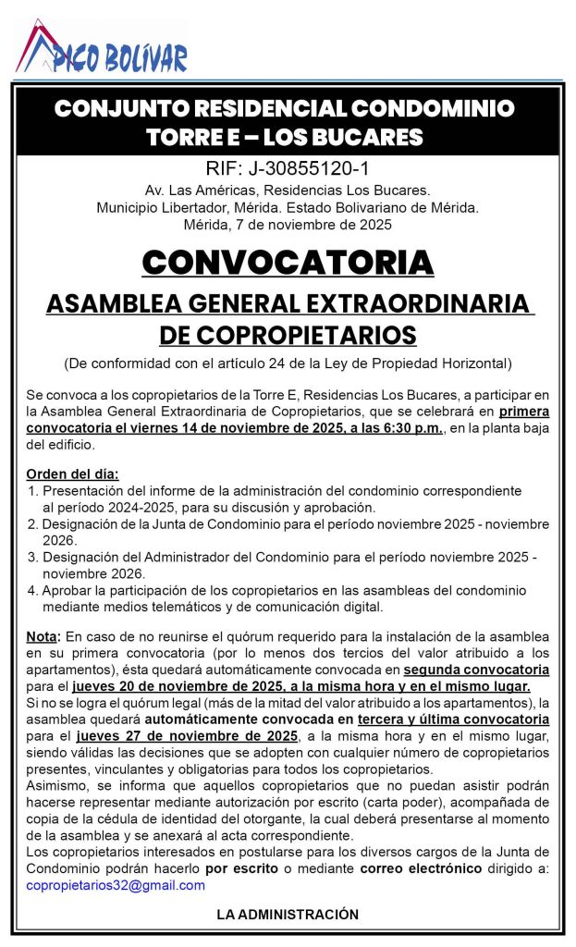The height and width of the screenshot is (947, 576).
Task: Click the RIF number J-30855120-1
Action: point(287,168)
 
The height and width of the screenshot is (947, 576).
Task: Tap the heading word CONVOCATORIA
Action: point(288,262)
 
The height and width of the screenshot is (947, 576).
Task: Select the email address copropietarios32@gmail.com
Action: point(116,885)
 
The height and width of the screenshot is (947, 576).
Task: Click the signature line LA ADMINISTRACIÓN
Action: point(288,914)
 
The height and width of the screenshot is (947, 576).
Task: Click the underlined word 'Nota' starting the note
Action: point(43,637)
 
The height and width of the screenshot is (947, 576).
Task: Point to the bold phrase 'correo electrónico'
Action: point(422,868)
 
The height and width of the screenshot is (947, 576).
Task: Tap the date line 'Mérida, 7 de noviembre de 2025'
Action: point(288,224)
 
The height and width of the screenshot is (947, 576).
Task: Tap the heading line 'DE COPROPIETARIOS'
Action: point(288,334)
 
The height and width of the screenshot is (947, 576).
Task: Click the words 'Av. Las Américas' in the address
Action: point(185,190)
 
